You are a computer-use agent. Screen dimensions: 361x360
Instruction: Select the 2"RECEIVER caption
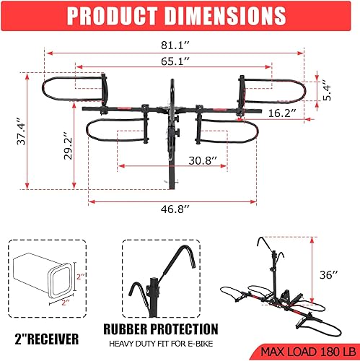(47, 337)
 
